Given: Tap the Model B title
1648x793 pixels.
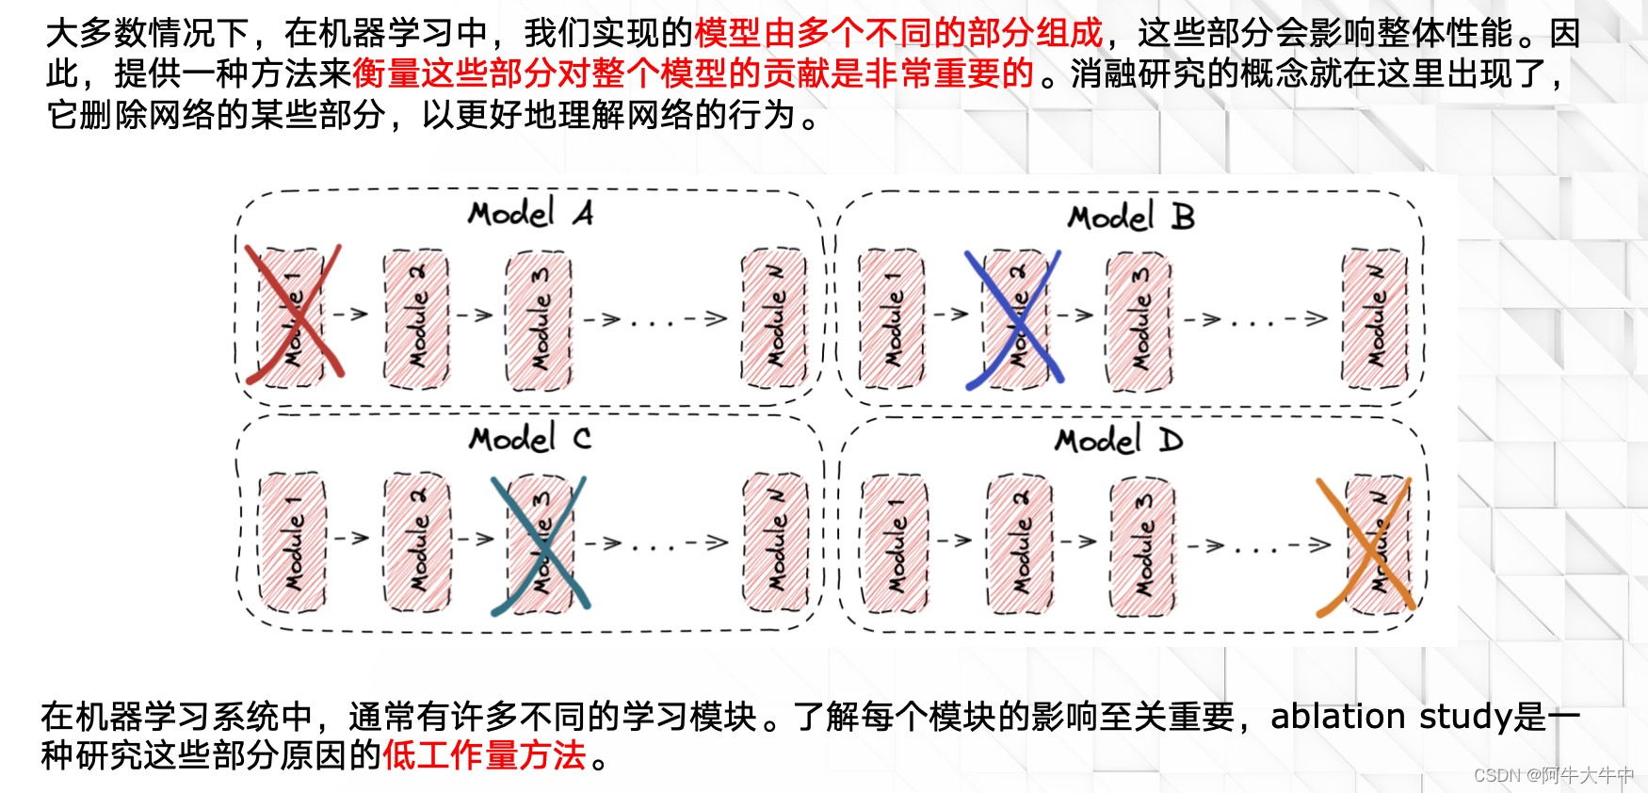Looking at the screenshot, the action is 1130,218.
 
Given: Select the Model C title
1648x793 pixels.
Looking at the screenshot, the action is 530,439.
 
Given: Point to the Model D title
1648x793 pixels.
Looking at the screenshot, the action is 1119,441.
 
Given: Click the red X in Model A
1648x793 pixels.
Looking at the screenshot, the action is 293,315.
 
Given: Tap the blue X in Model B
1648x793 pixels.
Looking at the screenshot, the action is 1014,319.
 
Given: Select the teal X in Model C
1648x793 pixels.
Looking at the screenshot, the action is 540,546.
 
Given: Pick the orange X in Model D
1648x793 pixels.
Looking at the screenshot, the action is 1365,547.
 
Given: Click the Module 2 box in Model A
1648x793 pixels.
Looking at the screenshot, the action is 416,319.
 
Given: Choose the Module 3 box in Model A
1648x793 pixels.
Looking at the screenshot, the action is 539,320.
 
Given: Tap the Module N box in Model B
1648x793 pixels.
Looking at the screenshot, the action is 1375,319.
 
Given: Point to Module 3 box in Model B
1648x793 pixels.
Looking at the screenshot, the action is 1139,321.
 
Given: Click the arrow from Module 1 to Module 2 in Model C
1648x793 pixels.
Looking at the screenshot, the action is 352,538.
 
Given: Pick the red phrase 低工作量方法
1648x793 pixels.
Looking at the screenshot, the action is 484,755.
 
